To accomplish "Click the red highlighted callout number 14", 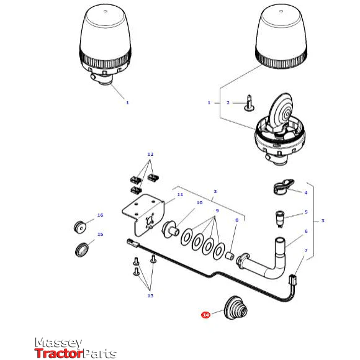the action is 205,315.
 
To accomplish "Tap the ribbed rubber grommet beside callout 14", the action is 236,308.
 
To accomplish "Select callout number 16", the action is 101,215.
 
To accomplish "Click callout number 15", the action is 101,235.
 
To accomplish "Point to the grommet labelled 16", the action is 80,227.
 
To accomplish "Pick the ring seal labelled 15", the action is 82,250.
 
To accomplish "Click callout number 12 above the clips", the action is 150,155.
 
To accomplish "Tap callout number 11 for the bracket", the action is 180,195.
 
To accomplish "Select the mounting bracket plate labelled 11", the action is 143,214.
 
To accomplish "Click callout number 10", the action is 199,203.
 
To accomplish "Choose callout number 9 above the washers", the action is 217,211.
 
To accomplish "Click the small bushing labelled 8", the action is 230,256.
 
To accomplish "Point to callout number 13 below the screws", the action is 150,295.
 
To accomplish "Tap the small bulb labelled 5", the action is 280,218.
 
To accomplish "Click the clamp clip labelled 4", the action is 283,187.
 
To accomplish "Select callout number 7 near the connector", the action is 306,251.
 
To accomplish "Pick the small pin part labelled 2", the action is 249,103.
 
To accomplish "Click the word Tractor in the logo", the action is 58,353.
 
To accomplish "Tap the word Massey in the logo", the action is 58,343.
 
